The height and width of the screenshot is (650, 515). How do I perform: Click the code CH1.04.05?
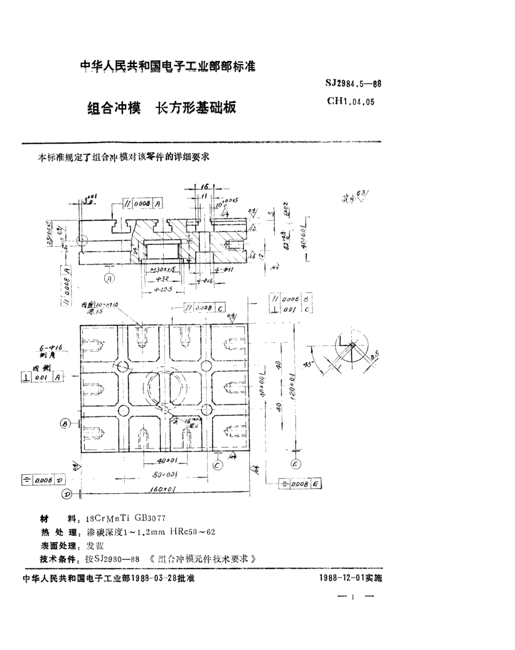(351, 101)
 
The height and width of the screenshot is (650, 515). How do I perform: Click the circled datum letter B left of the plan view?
(65, 424)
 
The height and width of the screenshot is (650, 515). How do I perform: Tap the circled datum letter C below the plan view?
(217, 465)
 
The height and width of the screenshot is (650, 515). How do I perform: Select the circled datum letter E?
(296, 464)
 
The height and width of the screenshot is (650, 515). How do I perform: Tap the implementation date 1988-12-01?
(342, 578)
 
